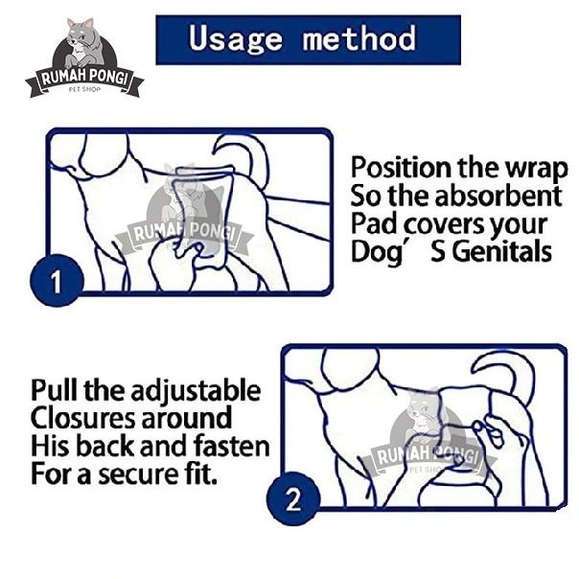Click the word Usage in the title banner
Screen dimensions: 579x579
[235, 39]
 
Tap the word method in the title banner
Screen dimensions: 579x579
[359, 38]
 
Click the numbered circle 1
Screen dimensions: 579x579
[57, 281]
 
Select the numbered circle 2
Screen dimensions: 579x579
[293, 499]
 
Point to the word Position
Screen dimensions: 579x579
[401, 169]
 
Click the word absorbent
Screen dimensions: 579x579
[498, 196]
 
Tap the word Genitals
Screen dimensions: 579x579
[502, 251]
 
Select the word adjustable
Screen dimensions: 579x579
[197, 392]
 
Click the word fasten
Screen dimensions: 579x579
[232, 446]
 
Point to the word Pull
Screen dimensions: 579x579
[55, 390]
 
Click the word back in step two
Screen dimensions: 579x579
[105, 446]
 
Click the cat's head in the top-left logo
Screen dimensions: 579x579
[81, 34]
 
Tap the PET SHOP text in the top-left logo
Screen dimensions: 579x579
[84, 89]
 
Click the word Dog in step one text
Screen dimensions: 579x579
[377, 253]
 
